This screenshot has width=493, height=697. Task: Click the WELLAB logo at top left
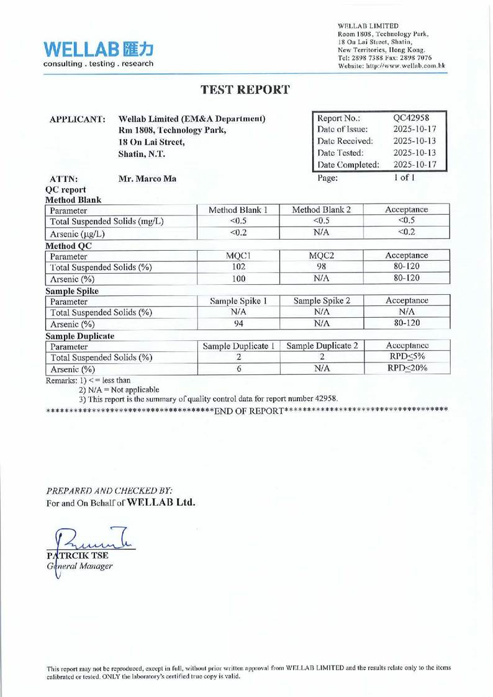98,52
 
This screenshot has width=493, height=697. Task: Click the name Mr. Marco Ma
147,180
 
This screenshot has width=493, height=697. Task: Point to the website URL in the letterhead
391,65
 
